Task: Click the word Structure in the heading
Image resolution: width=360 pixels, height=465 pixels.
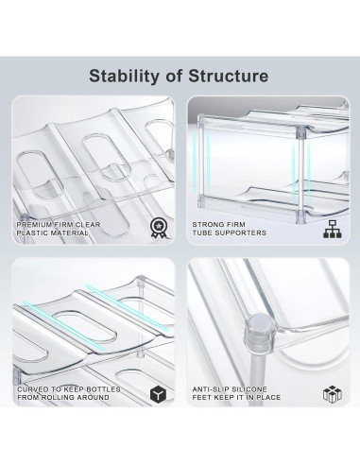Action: (229, 77)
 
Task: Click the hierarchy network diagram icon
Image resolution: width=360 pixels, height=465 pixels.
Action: (333, 229)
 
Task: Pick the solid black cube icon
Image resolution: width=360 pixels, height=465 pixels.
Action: (158, 394)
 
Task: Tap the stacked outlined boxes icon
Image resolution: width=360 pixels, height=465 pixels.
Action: (333, 394)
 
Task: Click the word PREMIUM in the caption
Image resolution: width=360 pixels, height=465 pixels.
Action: (34, 225)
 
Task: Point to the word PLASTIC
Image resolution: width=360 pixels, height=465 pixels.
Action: (32, 233)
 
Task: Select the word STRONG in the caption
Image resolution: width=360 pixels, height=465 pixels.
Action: (206, 225)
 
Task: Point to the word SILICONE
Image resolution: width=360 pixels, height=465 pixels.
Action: (249, 389)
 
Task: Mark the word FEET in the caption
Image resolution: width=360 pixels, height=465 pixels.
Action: (201, 398)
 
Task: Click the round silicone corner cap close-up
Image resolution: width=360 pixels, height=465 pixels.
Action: (258, 332)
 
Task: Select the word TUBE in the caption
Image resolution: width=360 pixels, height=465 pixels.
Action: (200, 233)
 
